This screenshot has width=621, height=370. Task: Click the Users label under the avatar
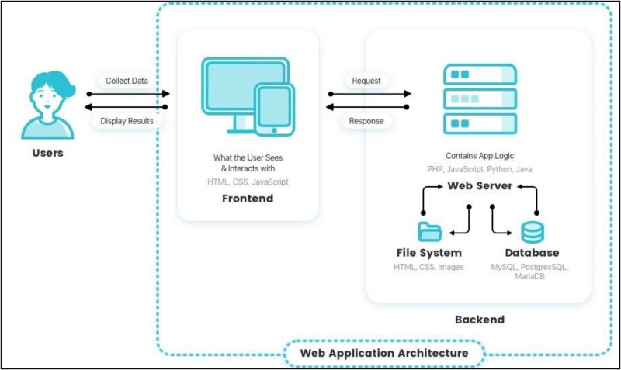[x=47, y=153]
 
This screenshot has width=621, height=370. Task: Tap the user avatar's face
[x=47, y=99]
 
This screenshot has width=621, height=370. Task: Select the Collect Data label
[x=127, y=81]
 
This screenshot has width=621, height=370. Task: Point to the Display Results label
[x=127, y=121]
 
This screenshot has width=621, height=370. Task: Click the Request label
[x=366, y=81]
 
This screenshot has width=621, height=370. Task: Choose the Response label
[x=366, y=121]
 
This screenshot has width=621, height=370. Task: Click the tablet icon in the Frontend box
[x=275, y=109]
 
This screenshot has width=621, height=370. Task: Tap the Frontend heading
[x=248, y=199]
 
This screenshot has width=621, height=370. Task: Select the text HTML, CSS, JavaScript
[x=248, y=182]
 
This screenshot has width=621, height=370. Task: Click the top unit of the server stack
[x=480, y=74]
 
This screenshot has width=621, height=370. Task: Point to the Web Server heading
[x=480, y=185]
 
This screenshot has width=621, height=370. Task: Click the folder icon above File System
[x=430, y=231]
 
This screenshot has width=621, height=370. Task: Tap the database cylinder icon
[x=533, y=232]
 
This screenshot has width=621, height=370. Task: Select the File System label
[x=429, y=252]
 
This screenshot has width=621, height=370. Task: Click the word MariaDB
[x=529, y=276]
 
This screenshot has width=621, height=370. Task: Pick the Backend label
[x=480, y=320]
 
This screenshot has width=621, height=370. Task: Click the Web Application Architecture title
[x=384, y=353]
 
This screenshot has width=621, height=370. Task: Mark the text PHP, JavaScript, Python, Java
[x=480, y=169]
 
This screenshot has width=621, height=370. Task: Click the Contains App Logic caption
[x=480, y=156]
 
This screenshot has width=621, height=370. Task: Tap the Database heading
[x=532, y=252]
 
